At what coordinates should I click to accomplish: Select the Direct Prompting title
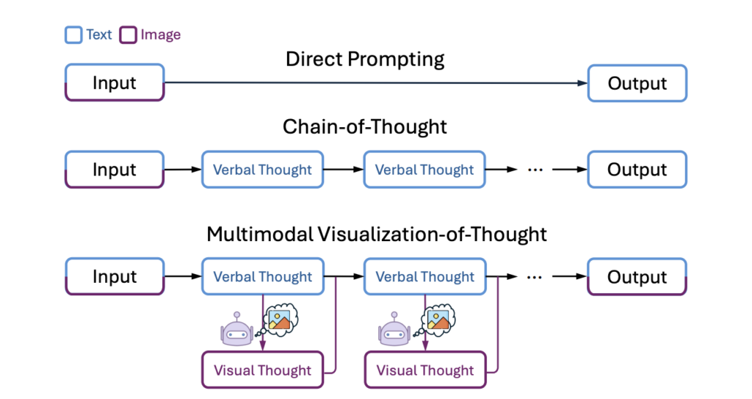click(x=365, y=60)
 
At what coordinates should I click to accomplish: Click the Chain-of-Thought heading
click(x=364, y=127)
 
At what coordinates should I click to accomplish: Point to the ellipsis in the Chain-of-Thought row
click(x=535, y=170)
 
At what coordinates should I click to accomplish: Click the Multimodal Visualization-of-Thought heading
click(x=377, y=234)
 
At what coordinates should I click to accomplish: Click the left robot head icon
click(x=237, y=329)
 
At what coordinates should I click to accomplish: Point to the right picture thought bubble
click(x=438, y=318)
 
